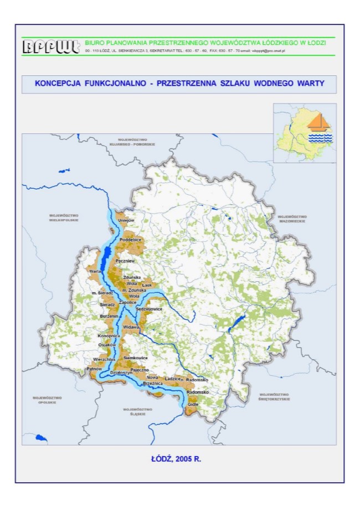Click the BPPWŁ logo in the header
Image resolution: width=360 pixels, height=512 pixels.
tap(51, 46)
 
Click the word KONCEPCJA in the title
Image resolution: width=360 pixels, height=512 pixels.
tap(58, 84)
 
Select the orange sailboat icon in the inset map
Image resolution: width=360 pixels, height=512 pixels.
tap(319, 121)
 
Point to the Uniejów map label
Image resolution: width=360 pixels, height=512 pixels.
tap(127, 220)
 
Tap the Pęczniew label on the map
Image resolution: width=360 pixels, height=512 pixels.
tap(126, 260)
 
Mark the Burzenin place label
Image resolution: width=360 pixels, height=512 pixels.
tap(109, 316)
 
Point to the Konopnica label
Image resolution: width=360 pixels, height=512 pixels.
tap(109, 335)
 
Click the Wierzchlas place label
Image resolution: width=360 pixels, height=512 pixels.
tap(104, 359)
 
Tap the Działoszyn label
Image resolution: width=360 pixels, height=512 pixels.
tap(121, 373)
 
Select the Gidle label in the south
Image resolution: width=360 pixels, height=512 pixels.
tap(193, 405)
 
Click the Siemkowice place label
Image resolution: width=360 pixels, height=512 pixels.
tap(136, 358)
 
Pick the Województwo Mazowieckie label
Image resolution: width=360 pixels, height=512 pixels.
tap(292, 219)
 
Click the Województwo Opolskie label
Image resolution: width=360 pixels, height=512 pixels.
tap(47, 400)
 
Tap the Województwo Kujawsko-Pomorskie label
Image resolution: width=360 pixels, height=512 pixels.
tap(132, 142)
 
